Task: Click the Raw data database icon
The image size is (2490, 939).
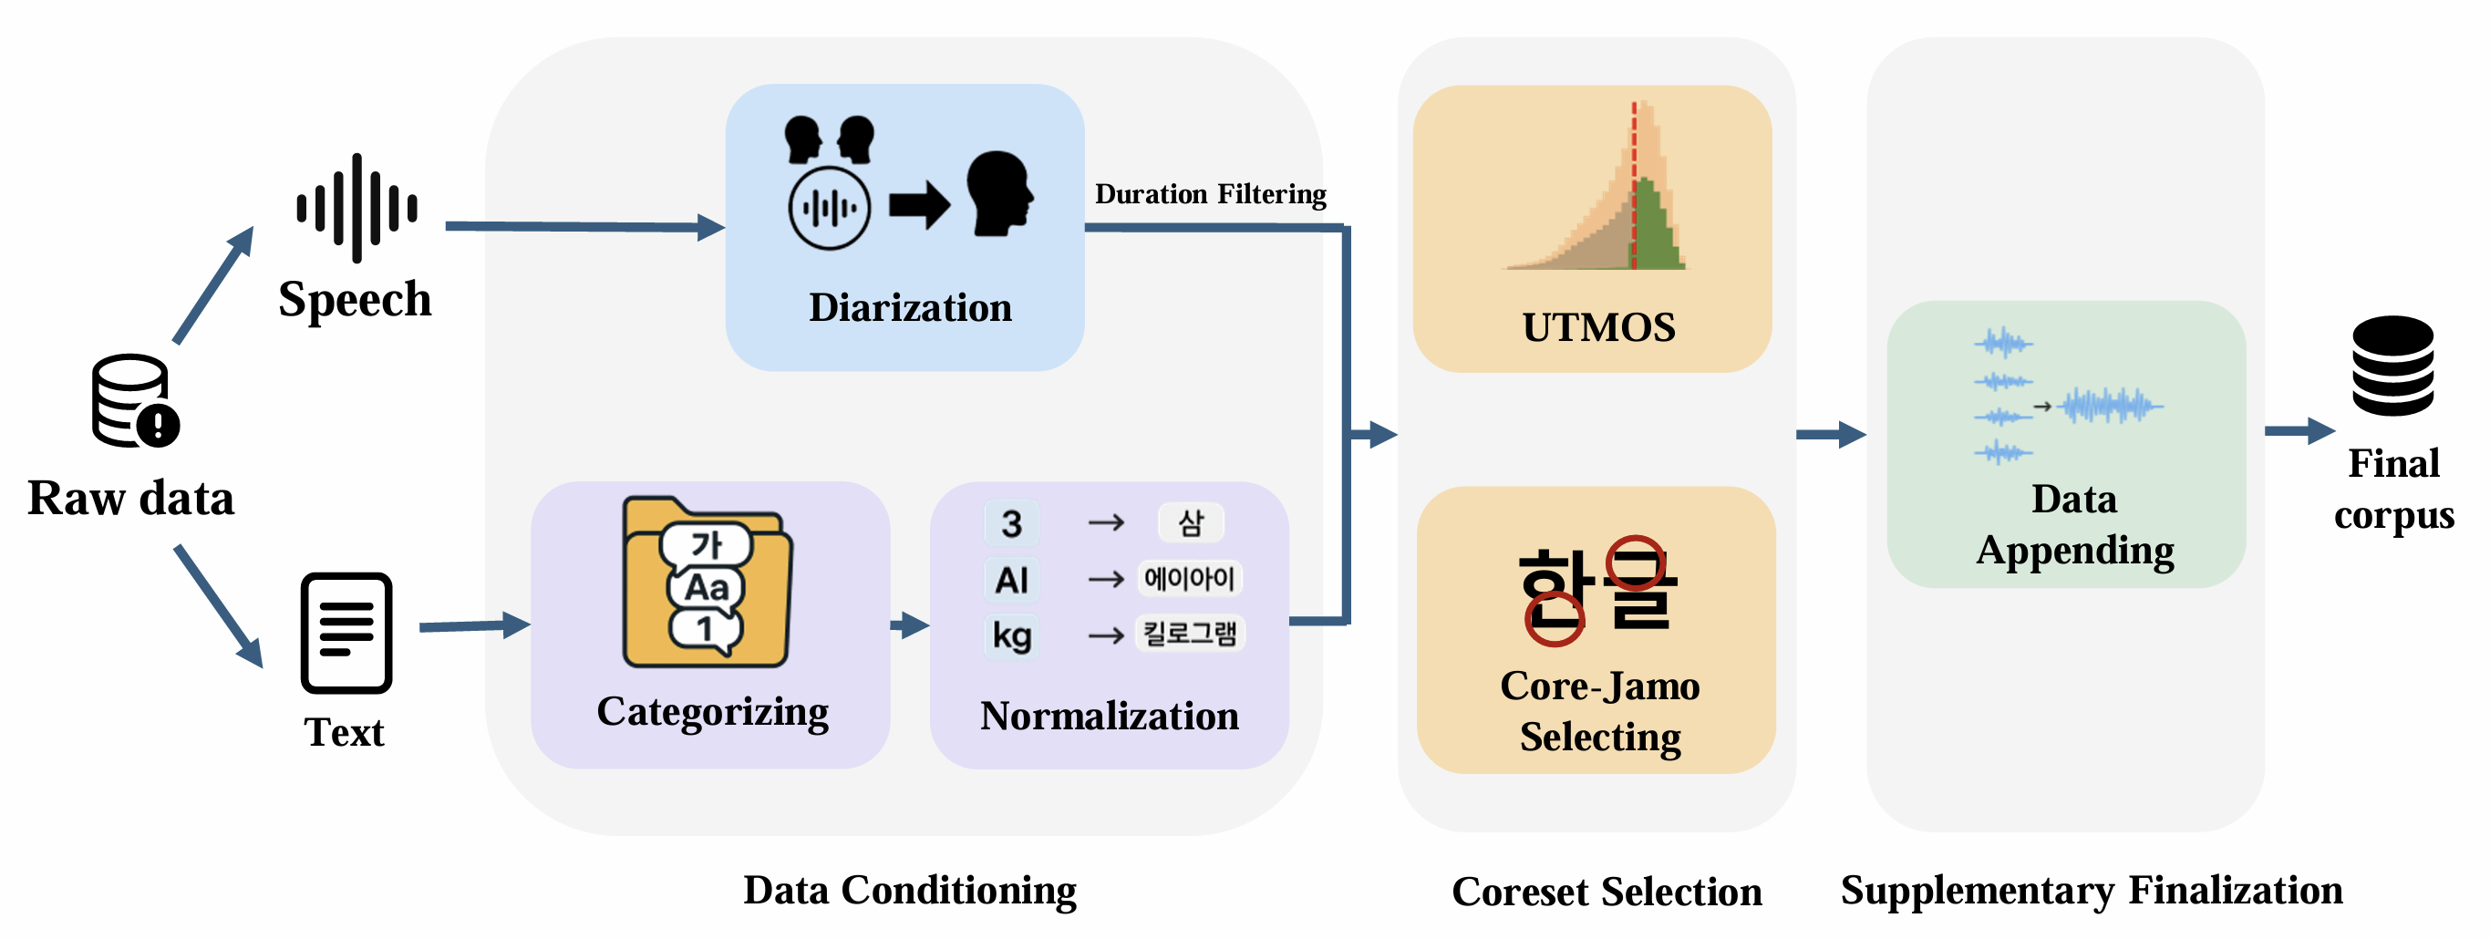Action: [134, 400]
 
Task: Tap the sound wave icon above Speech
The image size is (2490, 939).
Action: [356, 208]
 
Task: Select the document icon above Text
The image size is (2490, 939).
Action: [346, 633]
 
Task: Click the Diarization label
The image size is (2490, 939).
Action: [910, 307]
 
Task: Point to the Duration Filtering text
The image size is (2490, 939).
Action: [1210, 194]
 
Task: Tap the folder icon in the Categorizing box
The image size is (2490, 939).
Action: [707, 583]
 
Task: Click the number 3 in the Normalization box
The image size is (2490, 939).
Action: [1011, 523]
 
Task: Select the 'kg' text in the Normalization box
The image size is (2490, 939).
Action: [1011, 635]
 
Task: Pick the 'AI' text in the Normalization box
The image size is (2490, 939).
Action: [1011, 580]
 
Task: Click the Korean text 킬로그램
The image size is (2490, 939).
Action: [1189, 634]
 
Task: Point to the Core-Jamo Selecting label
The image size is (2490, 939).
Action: [1600, 711]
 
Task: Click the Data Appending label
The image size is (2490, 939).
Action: [2074, 524]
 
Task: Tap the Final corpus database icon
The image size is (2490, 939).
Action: [2392, 366]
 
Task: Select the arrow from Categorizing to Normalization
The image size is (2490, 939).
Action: [909, 625]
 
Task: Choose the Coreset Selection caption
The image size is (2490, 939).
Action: [1607, 891]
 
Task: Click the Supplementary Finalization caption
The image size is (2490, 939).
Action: [2091, 890]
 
